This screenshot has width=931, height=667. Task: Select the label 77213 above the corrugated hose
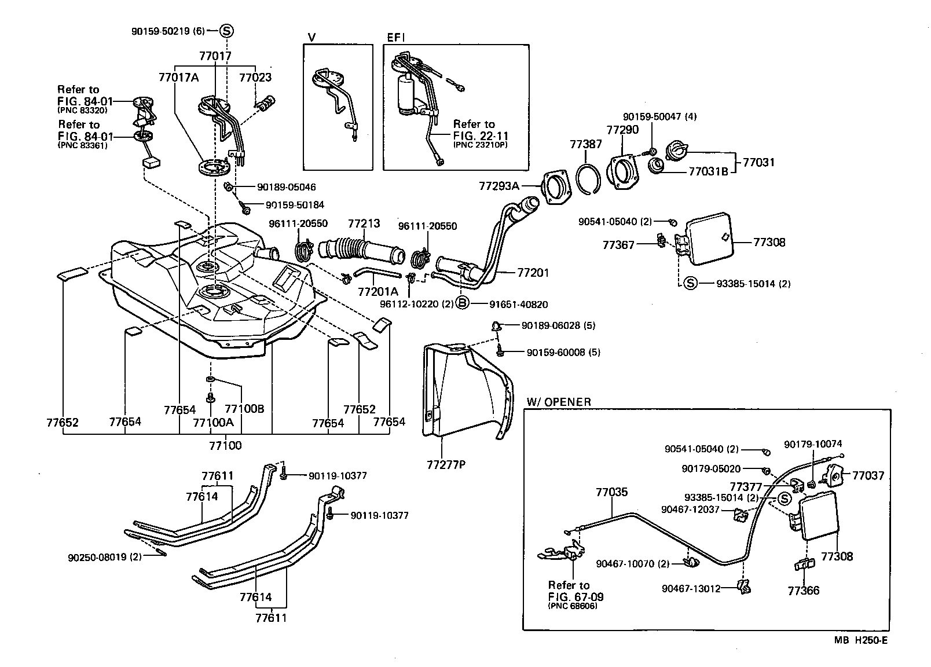[364, 223]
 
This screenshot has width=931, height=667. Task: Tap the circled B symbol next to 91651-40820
[463, 303]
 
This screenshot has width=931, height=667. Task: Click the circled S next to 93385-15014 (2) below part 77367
[690, 283]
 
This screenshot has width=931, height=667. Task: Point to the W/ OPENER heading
[559, 402]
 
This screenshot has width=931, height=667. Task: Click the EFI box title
[396, 38]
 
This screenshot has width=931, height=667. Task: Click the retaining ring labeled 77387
[589, 177]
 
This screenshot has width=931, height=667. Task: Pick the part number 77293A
[499, 186]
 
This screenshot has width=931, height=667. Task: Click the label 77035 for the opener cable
[611, 492]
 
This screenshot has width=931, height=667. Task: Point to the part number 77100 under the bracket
[225, 446]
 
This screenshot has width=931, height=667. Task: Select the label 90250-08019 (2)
[104, 558]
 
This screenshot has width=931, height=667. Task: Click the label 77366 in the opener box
[804, 591]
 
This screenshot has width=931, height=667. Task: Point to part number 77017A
[178, 77]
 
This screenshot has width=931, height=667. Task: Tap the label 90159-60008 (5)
[563, 352]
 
